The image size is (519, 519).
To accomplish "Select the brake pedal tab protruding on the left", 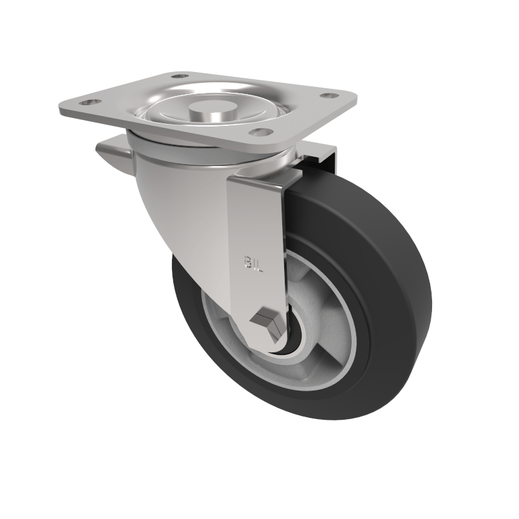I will pyautogui.click(x=110, y=154).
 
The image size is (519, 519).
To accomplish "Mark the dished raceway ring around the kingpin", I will pyautogui.click(x=169, y=113).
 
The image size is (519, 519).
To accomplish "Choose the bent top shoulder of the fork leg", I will pyautogui.click(x=259, y=182).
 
